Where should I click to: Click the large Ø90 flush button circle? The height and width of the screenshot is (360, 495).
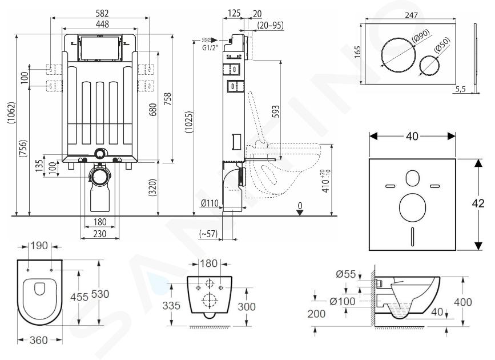coord(397,52)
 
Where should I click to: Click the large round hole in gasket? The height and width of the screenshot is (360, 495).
coord(412,208)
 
